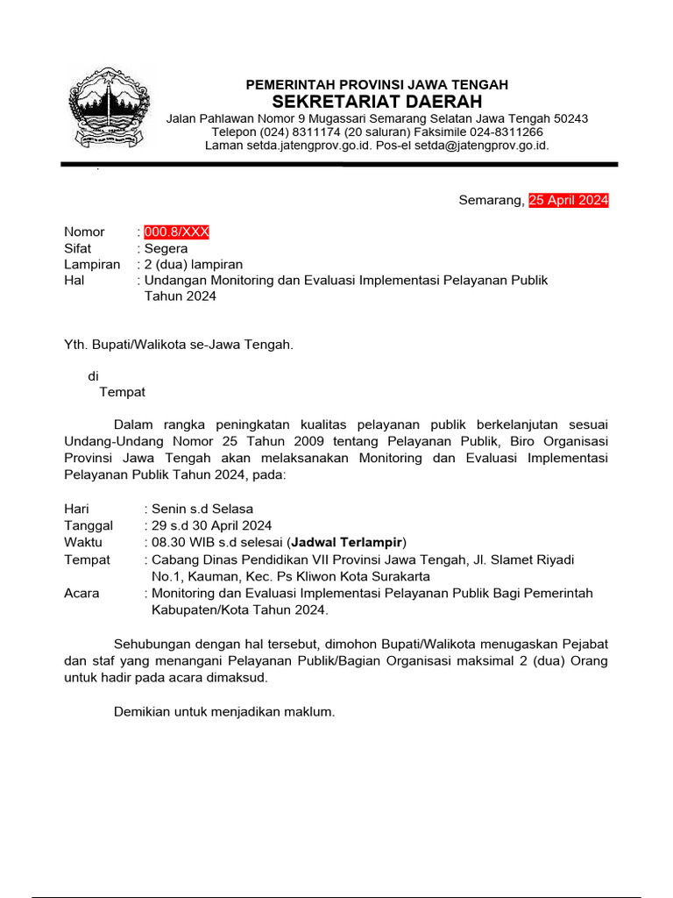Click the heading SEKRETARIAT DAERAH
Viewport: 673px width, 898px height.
(x=377, y=102)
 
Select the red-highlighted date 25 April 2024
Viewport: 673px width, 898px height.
(x=568, y=201)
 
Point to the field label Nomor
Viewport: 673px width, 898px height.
(x=84, y=232)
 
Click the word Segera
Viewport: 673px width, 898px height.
(x=166, y=248)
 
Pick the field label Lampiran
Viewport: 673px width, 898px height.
(x=92, y=264)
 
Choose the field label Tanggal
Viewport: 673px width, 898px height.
(x=89, y=525)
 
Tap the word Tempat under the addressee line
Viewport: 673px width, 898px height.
(x=123, y=392)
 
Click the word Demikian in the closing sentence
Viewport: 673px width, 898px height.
(x=141, y=712)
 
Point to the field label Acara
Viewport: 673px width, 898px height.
(x=81, y=593)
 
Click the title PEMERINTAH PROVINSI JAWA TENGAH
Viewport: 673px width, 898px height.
(x=377, y=84)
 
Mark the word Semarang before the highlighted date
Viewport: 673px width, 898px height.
(x=490, y=201)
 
